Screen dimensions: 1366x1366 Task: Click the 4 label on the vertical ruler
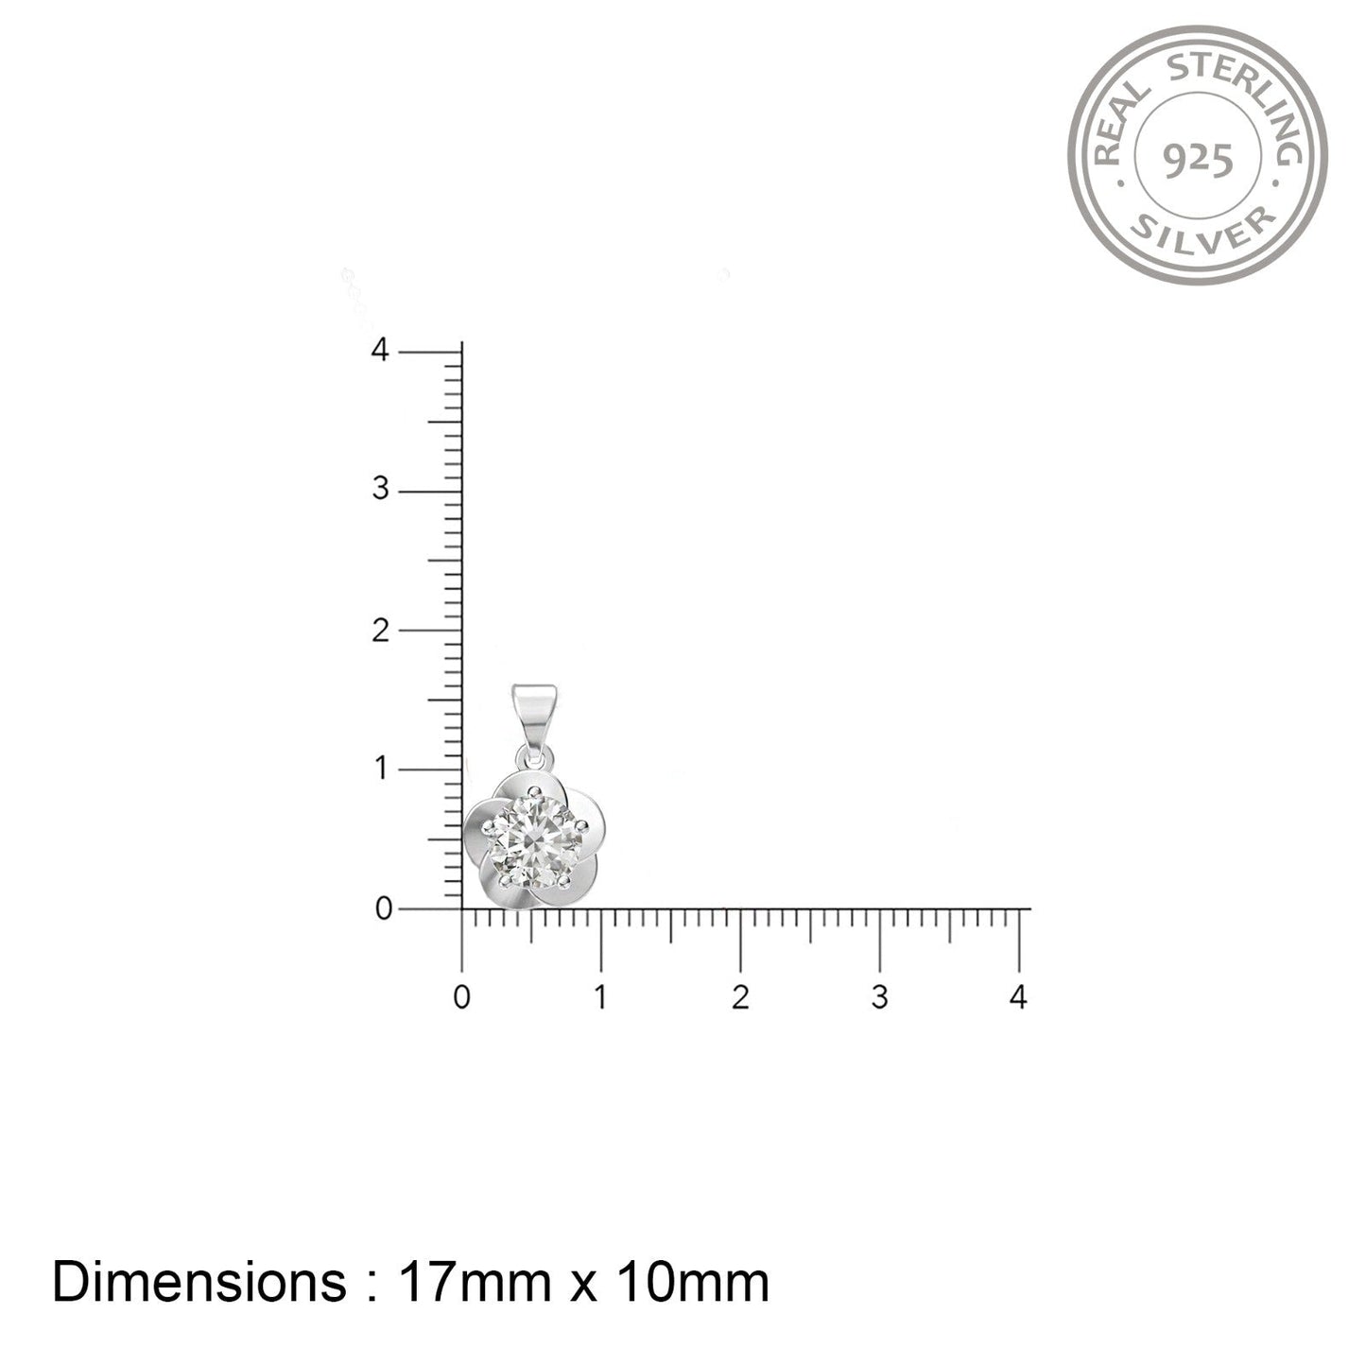click(381, 350)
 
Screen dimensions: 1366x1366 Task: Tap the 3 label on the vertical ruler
click(381, 489)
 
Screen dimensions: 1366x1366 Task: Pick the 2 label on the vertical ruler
click(381, 631)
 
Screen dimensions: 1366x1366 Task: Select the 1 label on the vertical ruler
click(382, 769)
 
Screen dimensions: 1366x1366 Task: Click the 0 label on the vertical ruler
click(384, 908)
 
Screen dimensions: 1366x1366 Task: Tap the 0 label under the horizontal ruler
click(461, 998)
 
